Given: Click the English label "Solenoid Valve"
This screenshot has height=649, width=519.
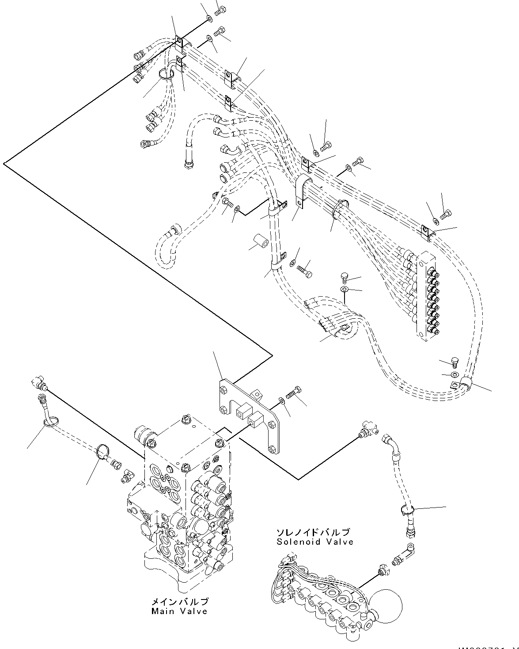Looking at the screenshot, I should pyautogui.click(x=314, y=542).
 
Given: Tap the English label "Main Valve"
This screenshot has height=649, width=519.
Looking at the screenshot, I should pyautogui.click(x=179, y=611).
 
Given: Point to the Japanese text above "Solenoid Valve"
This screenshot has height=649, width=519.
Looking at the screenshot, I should pyautogui.click(x=313, y=532).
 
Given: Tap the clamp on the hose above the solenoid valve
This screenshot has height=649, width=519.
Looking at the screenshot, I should pyautogui.click(x=407, y=511).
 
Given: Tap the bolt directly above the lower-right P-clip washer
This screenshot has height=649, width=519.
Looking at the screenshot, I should pyautogui.click(x=455, y=362).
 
